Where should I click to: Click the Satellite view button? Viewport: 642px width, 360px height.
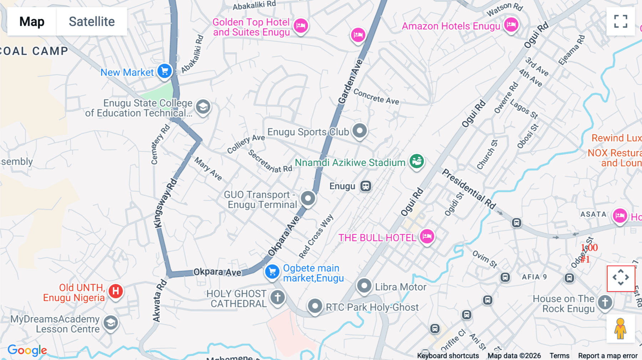92,22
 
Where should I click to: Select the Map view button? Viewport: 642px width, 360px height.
32,22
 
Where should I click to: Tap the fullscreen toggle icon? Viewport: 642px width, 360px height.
621,21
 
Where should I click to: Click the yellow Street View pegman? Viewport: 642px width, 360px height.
620,328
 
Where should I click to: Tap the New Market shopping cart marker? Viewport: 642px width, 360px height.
164,71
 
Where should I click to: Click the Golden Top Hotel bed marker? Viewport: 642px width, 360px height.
301,25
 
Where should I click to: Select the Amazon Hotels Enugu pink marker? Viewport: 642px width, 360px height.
511,25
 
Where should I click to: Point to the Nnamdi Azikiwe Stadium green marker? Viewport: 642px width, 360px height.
417,161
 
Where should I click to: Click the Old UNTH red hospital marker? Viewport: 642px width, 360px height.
116,291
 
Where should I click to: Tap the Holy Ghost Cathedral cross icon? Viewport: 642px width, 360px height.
277,297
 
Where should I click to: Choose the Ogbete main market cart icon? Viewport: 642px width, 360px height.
272,272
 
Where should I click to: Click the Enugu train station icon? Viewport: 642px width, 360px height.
366,186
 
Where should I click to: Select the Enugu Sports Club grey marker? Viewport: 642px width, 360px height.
360,131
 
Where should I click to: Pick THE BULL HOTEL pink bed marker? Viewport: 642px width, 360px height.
427,236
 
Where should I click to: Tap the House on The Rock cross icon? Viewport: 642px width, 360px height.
605,302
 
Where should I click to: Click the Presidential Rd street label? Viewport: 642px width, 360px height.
469,189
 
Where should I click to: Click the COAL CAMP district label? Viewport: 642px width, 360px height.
34,51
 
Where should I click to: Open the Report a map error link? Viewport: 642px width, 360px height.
608,356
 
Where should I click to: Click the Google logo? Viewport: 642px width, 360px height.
27,350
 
